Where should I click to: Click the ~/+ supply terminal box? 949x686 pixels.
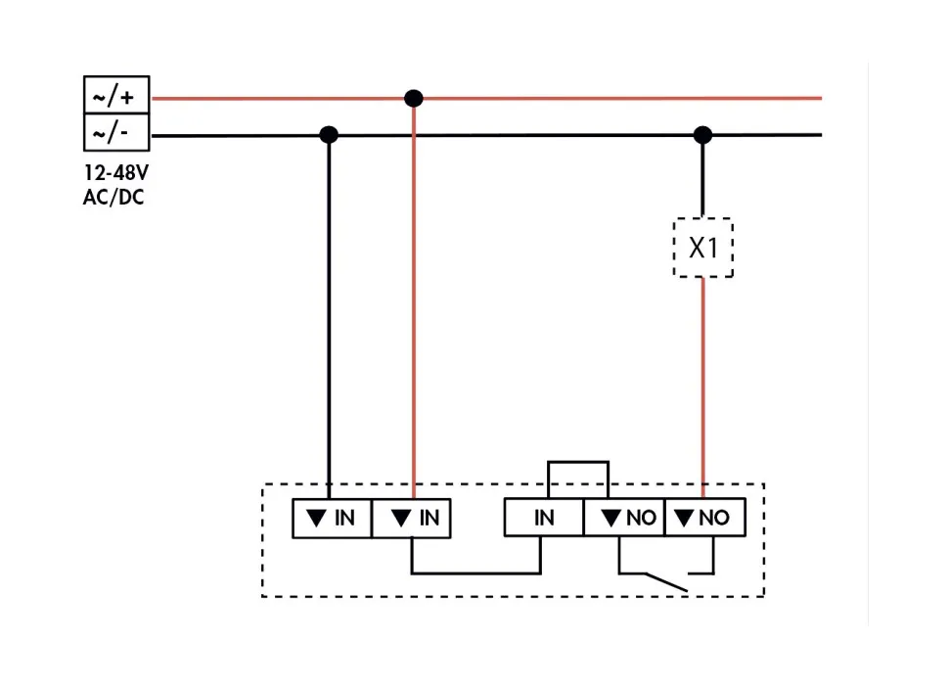115,97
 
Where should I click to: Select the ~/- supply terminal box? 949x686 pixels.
115,131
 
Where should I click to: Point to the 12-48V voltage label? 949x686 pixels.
116,174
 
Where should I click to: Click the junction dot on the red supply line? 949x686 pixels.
414,98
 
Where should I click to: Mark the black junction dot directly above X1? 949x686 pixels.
702,134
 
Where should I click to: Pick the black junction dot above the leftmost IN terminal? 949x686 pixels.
329,134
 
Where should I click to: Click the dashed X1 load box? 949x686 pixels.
703,248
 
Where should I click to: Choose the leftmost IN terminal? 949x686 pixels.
332,518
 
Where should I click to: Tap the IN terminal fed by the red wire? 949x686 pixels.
412,518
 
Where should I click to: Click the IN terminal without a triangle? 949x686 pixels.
544,518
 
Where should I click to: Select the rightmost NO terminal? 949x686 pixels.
704,518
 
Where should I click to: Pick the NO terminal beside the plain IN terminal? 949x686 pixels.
624,518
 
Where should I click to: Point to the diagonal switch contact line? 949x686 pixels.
654,581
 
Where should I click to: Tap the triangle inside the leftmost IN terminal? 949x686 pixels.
315,518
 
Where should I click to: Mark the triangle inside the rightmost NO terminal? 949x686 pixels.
685,518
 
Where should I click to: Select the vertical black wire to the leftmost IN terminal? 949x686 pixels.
329,313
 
